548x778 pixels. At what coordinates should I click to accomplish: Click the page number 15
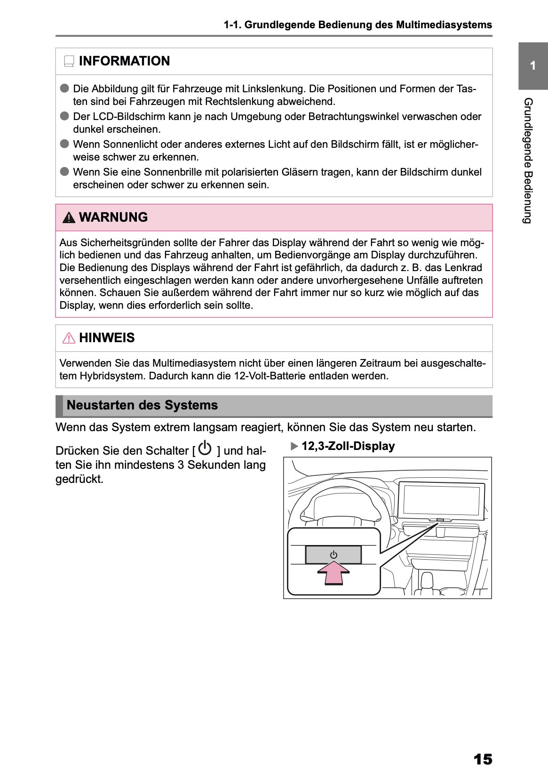[483, 759]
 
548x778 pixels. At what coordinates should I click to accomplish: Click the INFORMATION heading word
[124, 61]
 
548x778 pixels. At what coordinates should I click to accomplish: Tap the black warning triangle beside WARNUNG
[69, 217]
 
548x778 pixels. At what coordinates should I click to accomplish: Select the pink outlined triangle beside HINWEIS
[69, 338]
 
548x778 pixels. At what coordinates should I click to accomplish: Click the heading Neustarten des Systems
[142, 405]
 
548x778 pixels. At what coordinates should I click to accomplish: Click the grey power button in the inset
[333, 555]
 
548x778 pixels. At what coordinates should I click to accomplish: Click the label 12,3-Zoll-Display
[348, 446]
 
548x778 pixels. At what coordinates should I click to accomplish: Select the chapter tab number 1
[532, 66]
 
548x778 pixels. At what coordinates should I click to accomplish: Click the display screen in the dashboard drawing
[442, 499]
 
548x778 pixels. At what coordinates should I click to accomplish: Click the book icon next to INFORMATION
[69, 61]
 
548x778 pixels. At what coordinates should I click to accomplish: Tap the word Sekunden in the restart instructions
[211, 465]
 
